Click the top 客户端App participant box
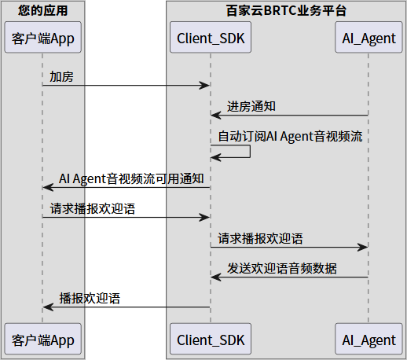coord(42,39)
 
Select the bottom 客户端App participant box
coord(42,340)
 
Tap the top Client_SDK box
coord(211,39)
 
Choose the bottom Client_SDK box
coord(211,340)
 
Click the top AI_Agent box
coord(368,39)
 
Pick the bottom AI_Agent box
coord(368,340)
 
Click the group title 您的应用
coord(42,11)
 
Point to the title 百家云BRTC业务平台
coord(285,11)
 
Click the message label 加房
coord(62,77)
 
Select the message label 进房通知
coord(251,107)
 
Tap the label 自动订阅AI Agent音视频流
coord(290,136)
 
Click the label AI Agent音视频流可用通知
coord(132,178)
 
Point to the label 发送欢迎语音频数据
coord(282,268)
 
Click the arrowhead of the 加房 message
coord(206,85)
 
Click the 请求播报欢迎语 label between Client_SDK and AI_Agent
coord(260,238)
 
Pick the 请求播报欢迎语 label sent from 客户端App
coord(92,208)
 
